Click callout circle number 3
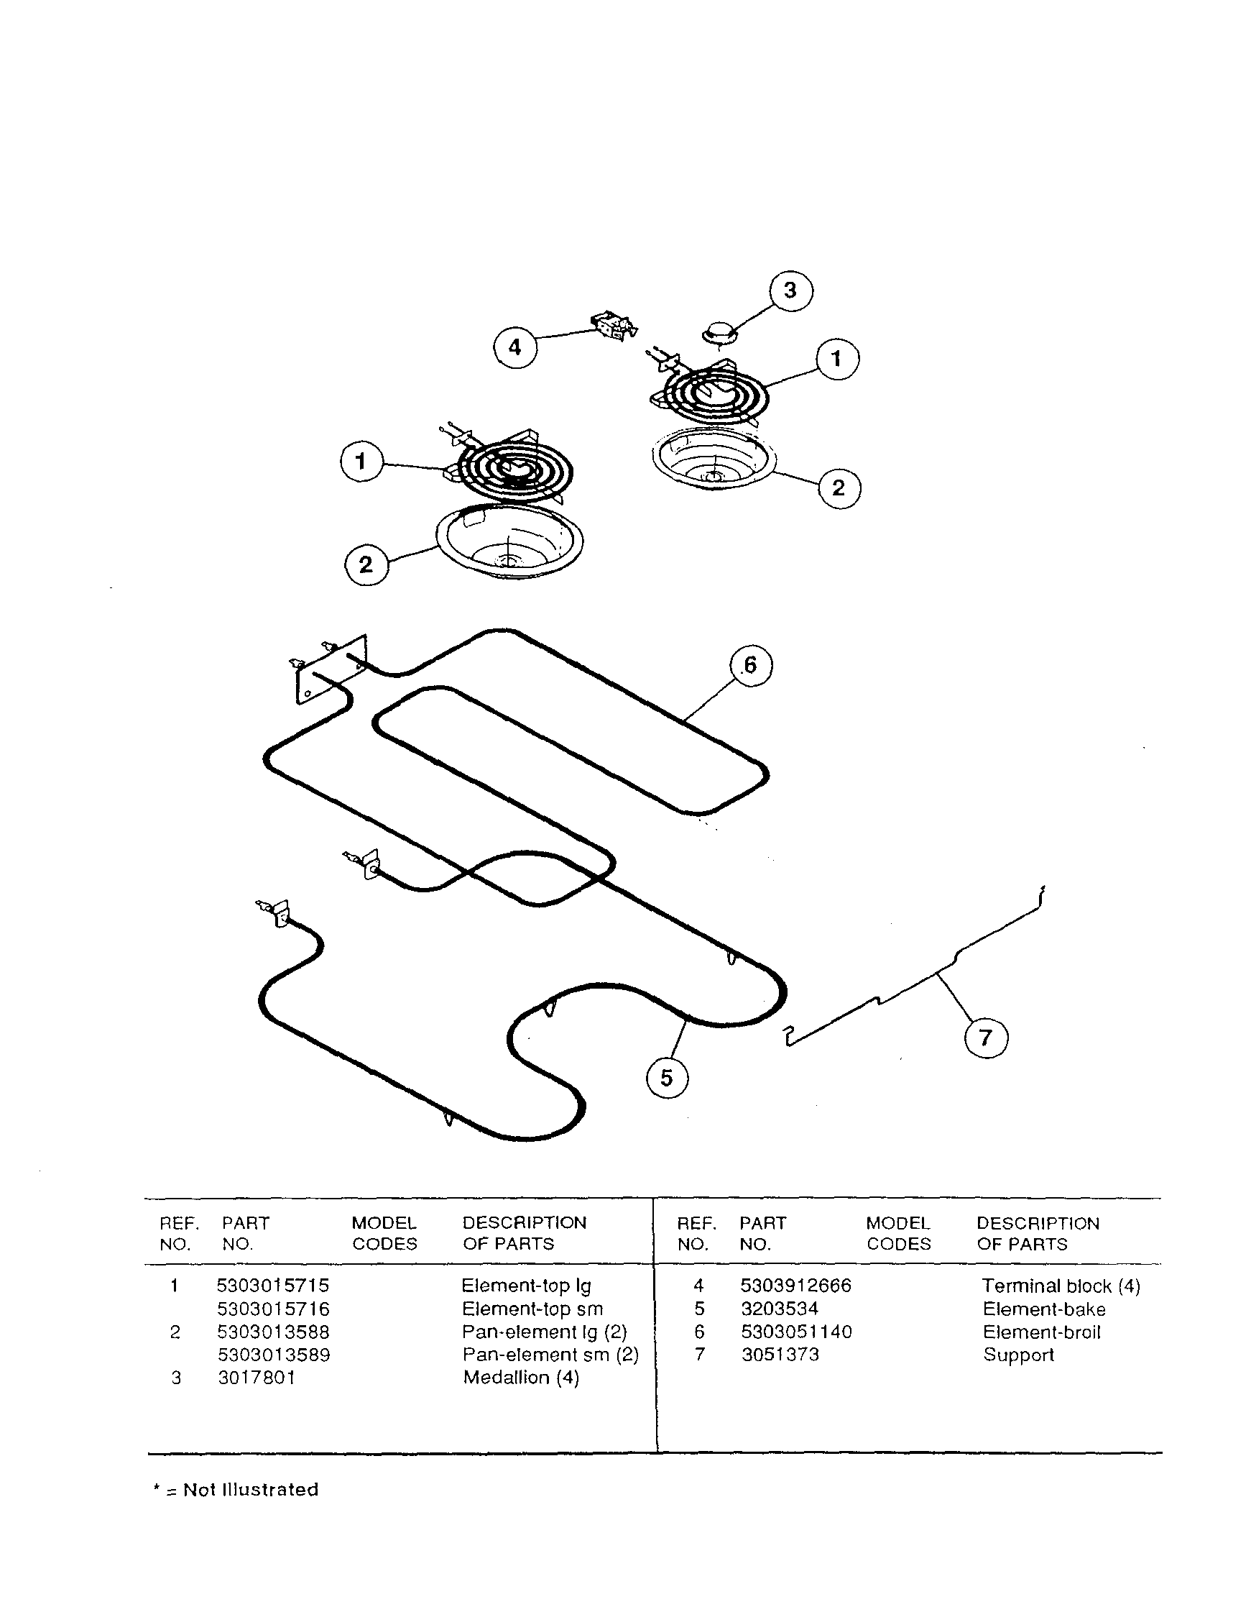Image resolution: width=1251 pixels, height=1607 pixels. (790, 290)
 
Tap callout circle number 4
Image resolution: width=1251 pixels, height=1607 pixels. (514, 347)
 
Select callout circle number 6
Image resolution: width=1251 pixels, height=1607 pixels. (750, 665)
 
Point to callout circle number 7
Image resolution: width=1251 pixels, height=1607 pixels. (986, 1038)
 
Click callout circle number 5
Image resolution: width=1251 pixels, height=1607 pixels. (666, 1078)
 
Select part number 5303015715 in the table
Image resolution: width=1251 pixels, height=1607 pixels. (273, 1286)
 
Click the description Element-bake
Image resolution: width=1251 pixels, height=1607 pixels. (1043, 1309)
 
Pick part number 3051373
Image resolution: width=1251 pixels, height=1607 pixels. (780, 1355)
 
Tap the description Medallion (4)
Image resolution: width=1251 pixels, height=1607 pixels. (521, 1378)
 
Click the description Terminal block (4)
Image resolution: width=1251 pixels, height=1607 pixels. (1061, 1286)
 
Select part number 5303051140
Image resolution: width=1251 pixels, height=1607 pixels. (795, 1332)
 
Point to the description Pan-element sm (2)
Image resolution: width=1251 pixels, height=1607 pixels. (550, 1355)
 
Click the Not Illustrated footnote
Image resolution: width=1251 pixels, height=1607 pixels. (236, 1490)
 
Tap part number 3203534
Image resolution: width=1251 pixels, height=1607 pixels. (780, 1309)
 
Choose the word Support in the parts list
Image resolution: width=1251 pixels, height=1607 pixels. (1019, 1355)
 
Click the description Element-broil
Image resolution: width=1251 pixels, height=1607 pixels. (1041, 1332)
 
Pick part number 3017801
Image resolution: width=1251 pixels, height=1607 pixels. (257, 1378)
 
